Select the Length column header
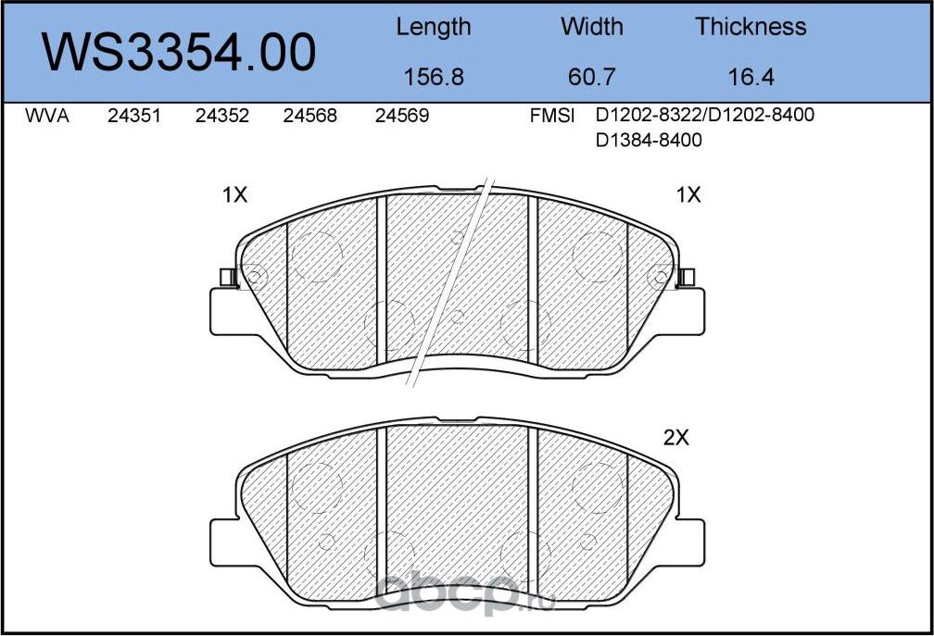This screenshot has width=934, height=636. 433,27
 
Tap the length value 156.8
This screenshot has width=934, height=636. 434,77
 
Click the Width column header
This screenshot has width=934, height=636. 593,27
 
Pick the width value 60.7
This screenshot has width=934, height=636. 593,77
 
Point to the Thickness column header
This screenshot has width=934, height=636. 751,27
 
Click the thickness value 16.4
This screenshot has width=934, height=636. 751,77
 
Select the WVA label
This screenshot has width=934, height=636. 47,118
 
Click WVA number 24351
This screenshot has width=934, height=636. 135,118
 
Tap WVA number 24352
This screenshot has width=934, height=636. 222,118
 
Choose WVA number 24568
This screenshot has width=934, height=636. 309,118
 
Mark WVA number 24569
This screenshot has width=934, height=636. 401,118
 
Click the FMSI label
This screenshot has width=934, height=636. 552,118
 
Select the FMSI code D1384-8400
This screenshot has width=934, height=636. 649,141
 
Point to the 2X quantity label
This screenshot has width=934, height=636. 676,439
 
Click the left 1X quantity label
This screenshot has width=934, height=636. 235,195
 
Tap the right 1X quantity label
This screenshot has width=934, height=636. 688,195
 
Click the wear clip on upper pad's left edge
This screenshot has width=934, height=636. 225,276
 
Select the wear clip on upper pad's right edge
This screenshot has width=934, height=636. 687,276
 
